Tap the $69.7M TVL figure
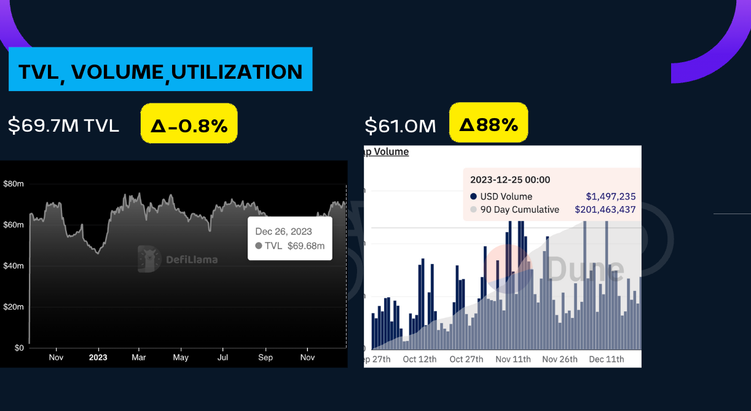tap(63, 126)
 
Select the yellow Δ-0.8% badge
tap(189, 126)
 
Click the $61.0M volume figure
tap(400, 126)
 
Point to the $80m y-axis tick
tap(14, 183)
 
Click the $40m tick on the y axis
tap(14, 266)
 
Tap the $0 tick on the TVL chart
tap(18, 348)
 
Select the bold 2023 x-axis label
tap(98, 357)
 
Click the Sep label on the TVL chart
tap(265, 357)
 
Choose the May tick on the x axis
tap(181, 357)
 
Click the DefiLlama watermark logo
tap(178, 259)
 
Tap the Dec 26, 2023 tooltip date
tap(284, 232)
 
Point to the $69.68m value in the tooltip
tap(306, 246)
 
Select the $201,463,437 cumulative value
tap(605, 209)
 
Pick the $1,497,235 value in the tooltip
tap(610, 196)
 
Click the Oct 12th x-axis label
tap(420, 359)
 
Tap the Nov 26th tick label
tap(560, 359)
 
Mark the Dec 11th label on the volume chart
tap(606, 359)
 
